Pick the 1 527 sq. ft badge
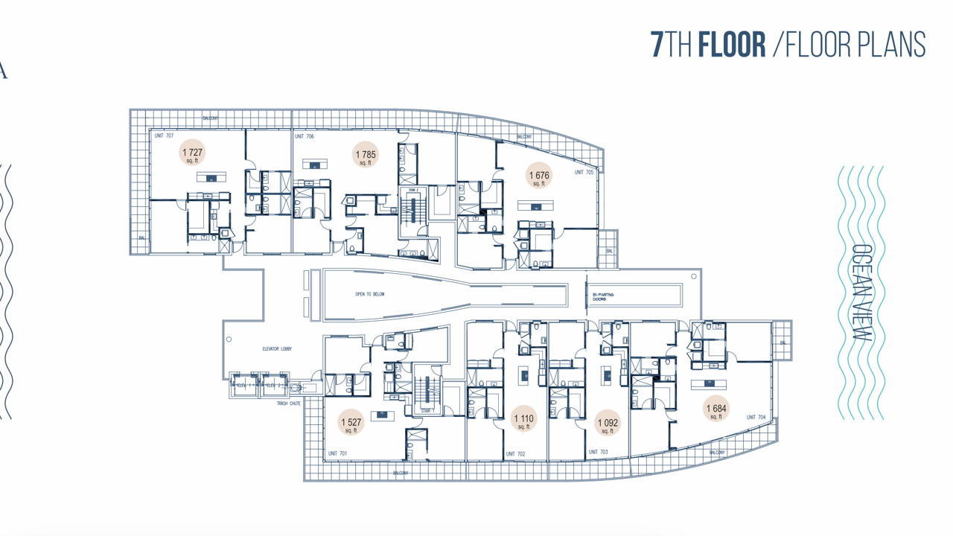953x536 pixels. tap(351, 423)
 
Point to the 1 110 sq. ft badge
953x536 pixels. tap(523, 420)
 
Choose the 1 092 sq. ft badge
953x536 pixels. tap(608, 424)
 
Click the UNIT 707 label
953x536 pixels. tap(164, 136)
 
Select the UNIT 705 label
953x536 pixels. tap(584, 173)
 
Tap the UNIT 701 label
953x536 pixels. tap(337, 453)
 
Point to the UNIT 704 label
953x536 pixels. tap(756, 418)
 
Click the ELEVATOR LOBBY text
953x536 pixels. tap(277, 349)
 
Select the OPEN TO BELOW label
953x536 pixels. tap(370, 295)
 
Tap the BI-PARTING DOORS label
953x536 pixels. tap(604, 297)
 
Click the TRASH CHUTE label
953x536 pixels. tap(289, 403)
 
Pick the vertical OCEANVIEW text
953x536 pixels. tap(861, 293)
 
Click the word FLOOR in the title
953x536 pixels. tap(732, 45)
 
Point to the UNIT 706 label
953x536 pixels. tap(304, 137)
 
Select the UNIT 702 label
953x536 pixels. tap(515, 454)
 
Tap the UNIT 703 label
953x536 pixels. tap(598, 452)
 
